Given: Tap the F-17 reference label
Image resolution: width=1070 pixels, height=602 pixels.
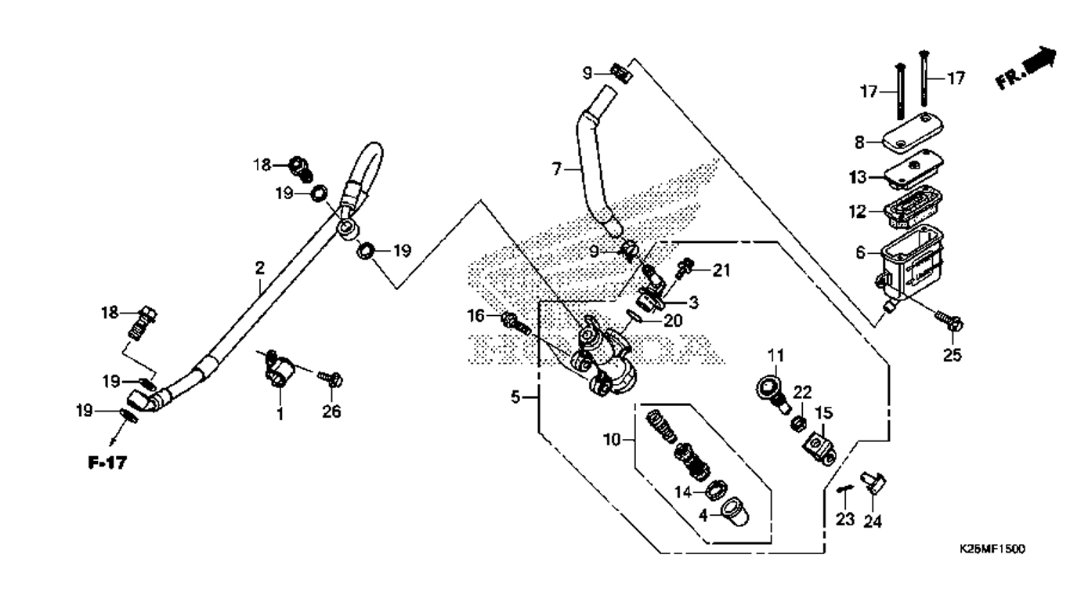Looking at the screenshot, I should (107, 463).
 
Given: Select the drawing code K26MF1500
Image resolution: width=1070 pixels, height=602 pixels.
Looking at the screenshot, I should (992, 549).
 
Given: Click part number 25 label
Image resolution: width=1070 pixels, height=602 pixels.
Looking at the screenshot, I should (952, 356).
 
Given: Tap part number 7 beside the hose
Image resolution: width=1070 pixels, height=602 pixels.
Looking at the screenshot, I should (558, 169).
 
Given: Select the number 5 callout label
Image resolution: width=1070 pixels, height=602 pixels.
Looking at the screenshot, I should (516, 397).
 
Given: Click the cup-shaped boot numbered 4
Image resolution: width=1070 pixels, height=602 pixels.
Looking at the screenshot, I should (732, 514).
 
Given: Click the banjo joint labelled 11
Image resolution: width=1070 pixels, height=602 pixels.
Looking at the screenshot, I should (772, 390).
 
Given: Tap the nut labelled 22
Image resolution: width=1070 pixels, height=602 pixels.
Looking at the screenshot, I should (799, 423).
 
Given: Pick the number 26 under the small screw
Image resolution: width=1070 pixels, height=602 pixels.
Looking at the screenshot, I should (332, 412).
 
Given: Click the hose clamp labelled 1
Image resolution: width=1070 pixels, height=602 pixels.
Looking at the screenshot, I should (280, 368).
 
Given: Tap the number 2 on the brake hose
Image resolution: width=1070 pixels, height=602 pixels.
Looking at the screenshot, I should (259, 268).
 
